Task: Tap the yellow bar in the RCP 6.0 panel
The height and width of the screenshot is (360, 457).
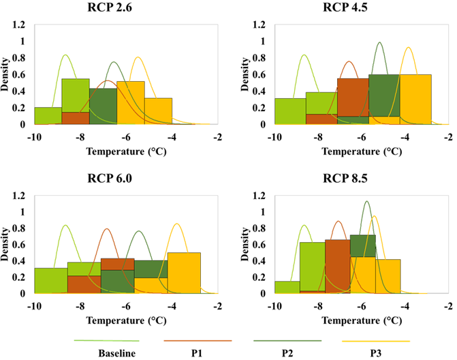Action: point(184,273)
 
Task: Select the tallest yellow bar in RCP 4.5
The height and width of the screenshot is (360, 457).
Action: point(415,99)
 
